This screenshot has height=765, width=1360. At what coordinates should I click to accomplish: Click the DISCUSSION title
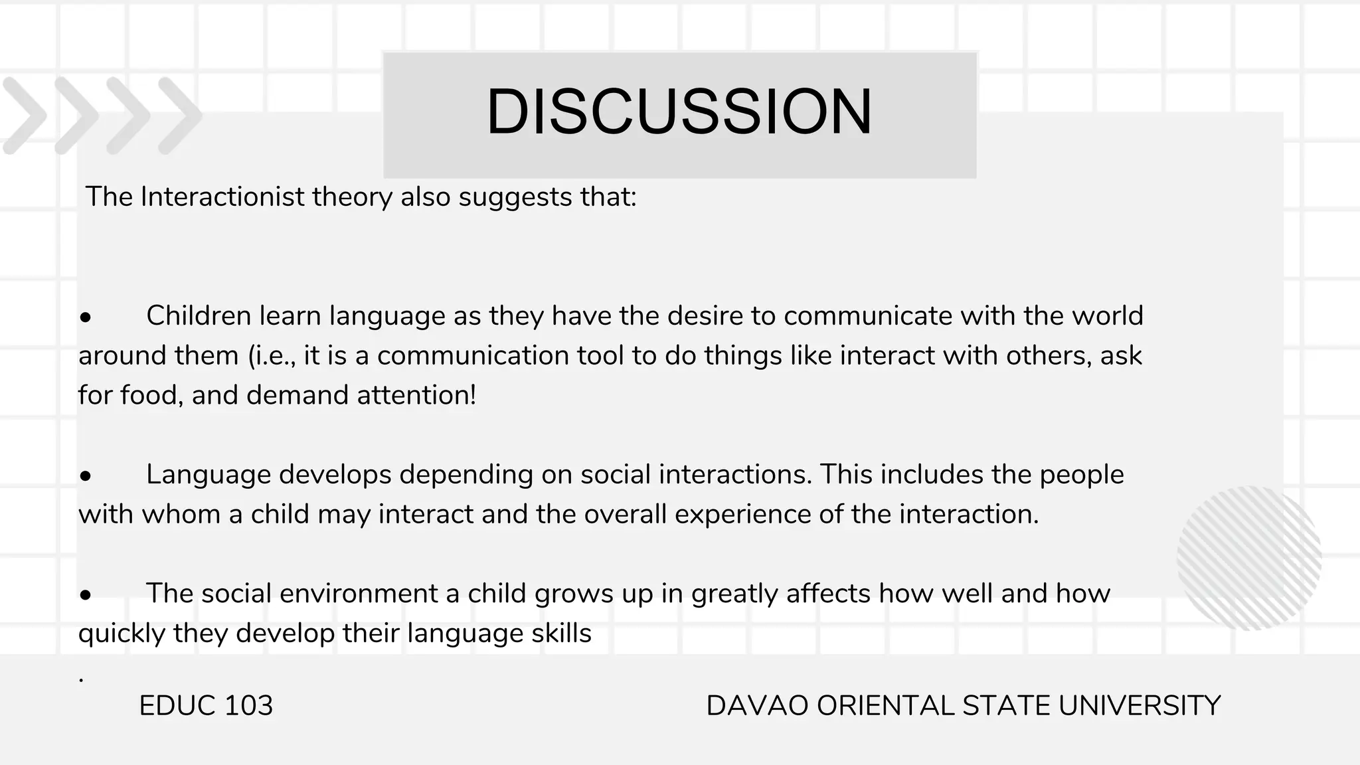[679, 112]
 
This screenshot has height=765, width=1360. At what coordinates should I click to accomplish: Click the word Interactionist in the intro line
[222, 197]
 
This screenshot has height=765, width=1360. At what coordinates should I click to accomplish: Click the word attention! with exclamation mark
[416, 395]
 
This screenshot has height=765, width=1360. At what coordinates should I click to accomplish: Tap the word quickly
[122, 634]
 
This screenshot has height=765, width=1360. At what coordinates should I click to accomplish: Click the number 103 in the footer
[248, 706]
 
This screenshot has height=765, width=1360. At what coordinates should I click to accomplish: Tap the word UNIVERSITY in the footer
[1139, 706]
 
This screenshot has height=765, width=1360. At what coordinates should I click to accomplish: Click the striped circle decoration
[1249, 558]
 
